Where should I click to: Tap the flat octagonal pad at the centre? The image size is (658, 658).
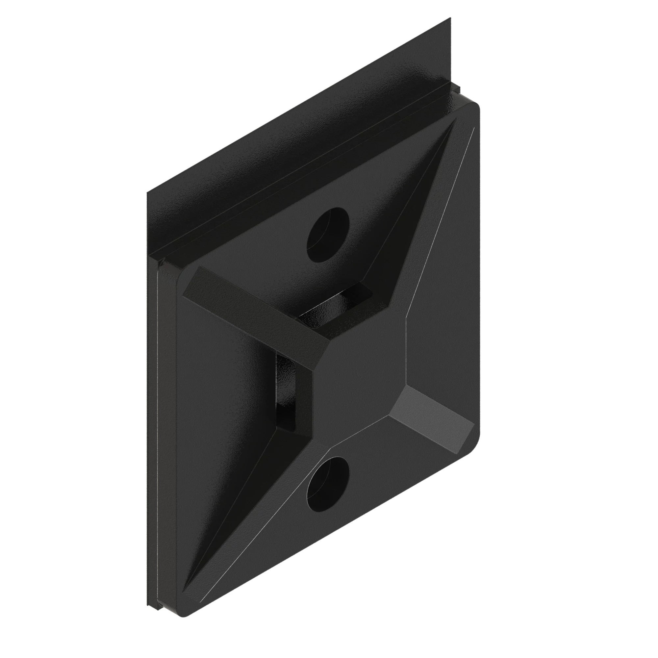(x=361, y=378)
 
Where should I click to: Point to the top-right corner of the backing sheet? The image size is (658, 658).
(x=450, y=19)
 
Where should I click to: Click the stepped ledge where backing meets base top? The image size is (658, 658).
(x=307, y=177)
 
